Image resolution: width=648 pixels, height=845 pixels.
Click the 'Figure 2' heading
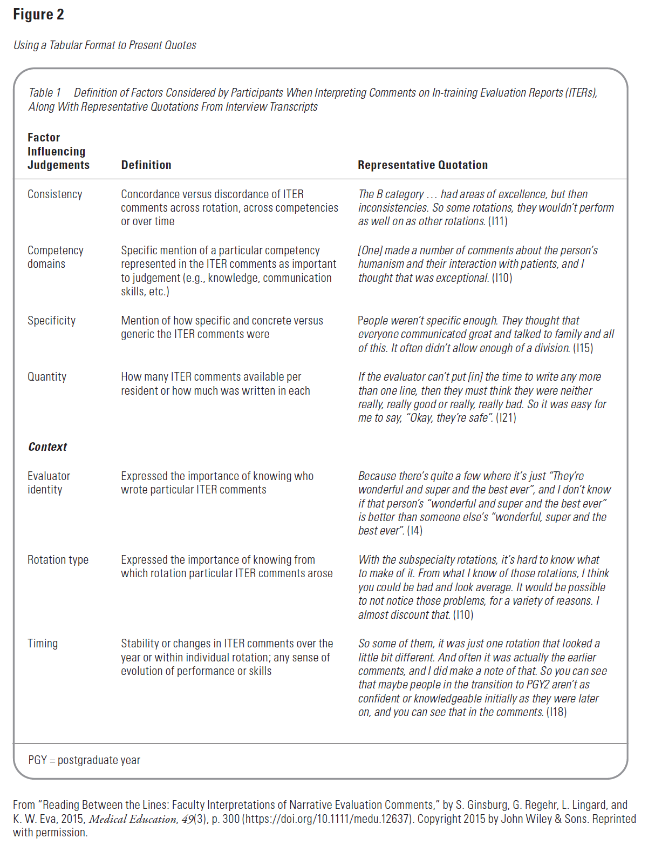pyautogui.click(x=38, y=15)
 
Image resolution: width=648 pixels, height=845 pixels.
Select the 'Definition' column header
pyautogui.click(x=146, y=165)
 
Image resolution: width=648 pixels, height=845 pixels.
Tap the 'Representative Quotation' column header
pyautogui.click(x=422, y=165)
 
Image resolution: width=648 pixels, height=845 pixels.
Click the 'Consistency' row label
pyautogui.click(x=54, y=194)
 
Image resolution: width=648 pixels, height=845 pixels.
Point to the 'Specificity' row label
pyautogui.click(x=51, y=321)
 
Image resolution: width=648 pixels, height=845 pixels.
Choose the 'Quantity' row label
pyautogui.click(x=47, y=377)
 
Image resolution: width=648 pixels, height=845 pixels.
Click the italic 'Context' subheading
pyautogui.click(x=47, y=447)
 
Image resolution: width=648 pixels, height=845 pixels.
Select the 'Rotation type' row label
pyautogui.click(x=58, y=560)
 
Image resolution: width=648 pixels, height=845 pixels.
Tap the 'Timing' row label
pyautogui.click(x=43, y=644)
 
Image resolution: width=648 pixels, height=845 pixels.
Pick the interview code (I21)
pyautogui.click(x=506, y=418)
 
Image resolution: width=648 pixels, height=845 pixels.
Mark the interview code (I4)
pyautogui.click(x=414, y=531)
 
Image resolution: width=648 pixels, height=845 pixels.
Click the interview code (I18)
pyautogui.click(x=556, y=712)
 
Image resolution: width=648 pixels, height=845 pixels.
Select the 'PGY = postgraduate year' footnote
pyautogui.click(x=84, y=760)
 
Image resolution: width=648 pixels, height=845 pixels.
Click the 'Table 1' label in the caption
pyautogui.click(x=44, y=93)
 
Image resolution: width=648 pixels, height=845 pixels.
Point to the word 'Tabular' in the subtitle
pyautogui.click(x=69, y=45)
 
